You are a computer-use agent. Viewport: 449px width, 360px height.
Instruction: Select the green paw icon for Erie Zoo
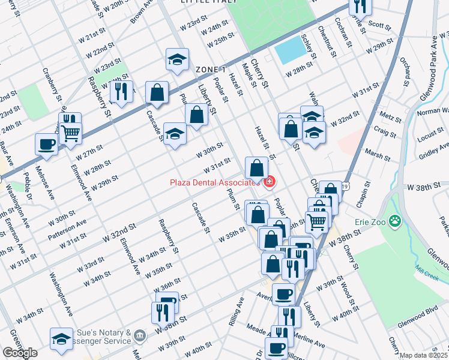(x=394, y=222)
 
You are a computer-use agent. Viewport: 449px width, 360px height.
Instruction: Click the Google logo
(x=20, y=353)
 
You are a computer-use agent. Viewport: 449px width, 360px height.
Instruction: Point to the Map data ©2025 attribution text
(x=424, y=355)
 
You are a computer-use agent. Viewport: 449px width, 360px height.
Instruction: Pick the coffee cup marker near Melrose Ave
(x=46, y=144)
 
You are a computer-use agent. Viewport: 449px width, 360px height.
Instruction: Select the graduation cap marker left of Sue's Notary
(x=61, y=339)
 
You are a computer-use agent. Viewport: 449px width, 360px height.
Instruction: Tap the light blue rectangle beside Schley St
(x=291, y=52)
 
